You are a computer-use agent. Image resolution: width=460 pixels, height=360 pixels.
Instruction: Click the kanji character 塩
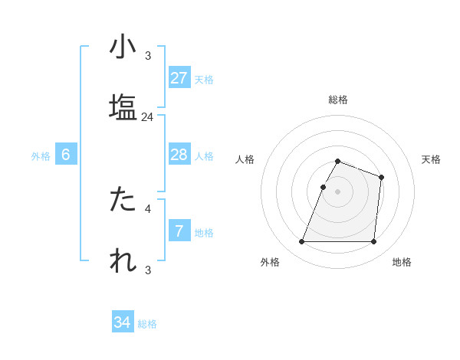pos(123,107)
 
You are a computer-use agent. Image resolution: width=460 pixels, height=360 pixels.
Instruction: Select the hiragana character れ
pos(123,260)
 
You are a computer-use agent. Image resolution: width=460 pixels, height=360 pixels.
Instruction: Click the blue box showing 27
pos(179,77)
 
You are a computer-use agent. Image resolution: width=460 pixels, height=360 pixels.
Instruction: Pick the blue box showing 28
pos(179,155)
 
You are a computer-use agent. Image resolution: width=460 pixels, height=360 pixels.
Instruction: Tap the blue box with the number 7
pos(179,231)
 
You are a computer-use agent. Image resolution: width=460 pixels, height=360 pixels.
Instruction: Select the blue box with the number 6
pos(66,155)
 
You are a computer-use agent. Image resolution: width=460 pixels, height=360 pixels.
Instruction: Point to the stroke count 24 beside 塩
pos(148,117)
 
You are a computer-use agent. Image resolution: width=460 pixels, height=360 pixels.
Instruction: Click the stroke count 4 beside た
pos(148,208)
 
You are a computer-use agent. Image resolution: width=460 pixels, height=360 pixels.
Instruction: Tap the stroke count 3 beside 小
pos(148,55)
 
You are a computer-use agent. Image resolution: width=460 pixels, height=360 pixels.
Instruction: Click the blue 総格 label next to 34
pos(147,324)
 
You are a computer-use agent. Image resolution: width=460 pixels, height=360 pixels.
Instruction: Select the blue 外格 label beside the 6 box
pos(41,156)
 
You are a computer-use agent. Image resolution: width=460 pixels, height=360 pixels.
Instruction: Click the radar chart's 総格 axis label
pos(338,100)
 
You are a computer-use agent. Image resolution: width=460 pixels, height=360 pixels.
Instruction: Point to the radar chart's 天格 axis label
pos(432,159)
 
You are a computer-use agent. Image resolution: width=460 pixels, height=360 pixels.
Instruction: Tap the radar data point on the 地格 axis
pos(373,242)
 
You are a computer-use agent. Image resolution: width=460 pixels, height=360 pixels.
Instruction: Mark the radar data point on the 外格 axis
pos(302,242)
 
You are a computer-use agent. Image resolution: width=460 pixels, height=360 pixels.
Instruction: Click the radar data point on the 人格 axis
pos(323,187)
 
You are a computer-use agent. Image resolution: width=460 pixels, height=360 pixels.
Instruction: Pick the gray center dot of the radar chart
pos(338,191)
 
